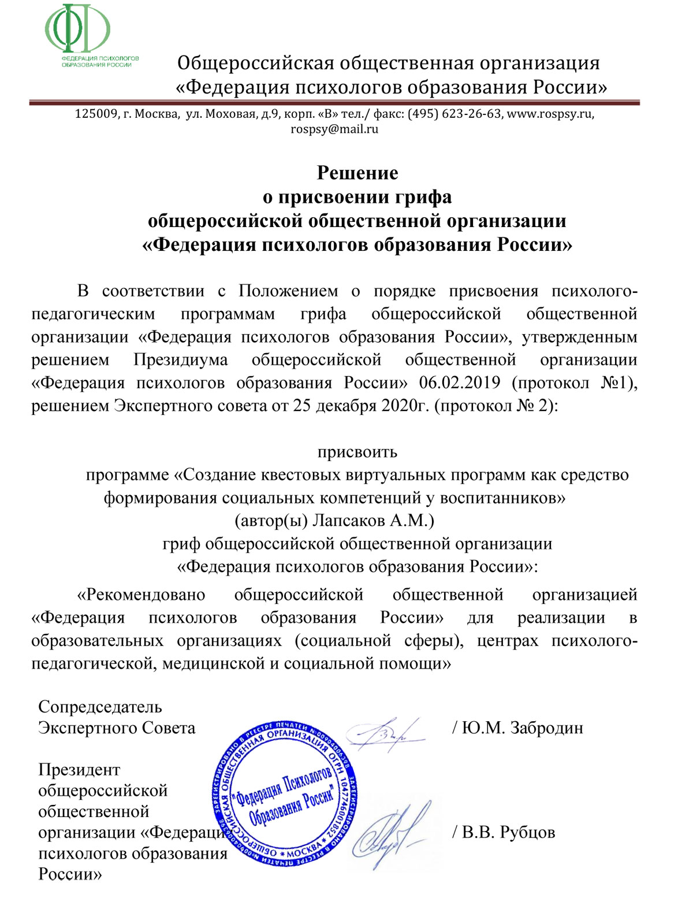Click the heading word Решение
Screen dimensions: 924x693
(357, 173)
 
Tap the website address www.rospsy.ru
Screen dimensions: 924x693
(550, 114)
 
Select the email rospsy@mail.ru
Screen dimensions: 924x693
(334, 129)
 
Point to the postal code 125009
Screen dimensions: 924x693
(96, 114)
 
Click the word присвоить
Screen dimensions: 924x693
(357, 451)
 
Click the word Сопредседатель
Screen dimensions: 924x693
(100, 707)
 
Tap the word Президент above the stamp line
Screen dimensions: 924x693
(79, 770)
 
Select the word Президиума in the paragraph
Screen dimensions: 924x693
(180, 359)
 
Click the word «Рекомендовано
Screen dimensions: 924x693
(141, 595)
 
